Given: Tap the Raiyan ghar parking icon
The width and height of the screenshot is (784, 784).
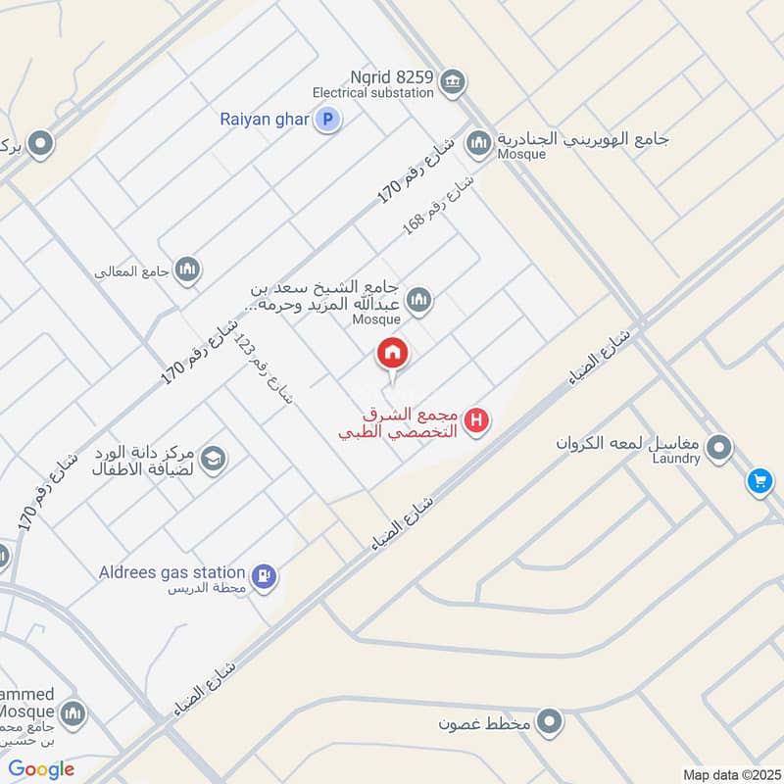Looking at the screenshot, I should (328, 121).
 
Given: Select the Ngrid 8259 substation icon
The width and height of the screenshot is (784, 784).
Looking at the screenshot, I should (452, 79).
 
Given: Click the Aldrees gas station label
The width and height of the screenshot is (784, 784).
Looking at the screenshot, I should (171, 571).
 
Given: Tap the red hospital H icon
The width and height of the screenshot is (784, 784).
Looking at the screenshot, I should (477, 421).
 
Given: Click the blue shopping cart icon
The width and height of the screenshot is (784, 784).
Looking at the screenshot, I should (759, 481).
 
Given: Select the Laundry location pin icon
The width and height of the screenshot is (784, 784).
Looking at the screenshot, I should (720, 449).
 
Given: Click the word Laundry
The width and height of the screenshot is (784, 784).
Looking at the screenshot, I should (677, 459).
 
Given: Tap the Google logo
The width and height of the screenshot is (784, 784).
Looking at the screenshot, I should (41, 769).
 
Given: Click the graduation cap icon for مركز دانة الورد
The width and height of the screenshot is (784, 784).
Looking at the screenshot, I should (213, 457).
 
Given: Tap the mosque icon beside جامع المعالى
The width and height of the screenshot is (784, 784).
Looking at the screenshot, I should (187, 269).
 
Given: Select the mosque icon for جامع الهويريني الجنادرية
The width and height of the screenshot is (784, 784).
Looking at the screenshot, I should (478, 144).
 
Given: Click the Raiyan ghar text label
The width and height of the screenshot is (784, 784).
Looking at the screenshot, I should (265, 121).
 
